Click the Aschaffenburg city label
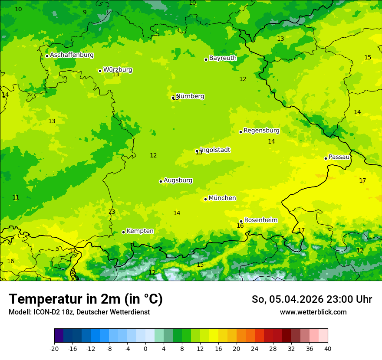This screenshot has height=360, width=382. pos(72,55)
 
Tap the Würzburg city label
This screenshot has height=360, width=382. pos(118,70)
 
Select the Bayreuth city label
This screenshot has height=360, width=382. pos(223,58)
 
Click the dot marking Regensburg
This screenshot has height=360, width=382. pos(240,132)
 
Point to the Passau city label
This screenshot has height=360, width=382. pos(339,157)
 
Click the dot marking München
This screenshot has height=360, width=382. pos(205,199)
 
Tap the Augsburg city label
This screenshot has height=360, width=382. pos(178,180)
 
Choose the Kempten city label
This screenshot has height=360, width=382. pos(140,231)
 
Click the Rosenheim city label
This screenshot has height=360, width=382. pos(260,220)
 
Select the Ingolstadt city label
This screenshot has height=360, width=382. pos(215,150)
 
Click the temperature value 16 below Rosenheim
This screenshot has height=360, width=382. pos(240,226)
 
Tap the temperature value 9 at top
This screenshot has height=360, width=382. pos(85,12)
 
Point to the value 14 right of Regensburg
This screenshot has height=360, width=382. pos(271,141)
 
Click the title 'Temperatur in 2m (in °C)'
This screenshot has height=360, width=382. pos(86,299)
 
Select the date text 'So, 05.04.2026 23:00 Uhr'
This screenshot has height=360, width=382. pos(312,299)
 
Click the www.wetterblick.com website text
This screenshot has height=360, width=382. pos(313,312)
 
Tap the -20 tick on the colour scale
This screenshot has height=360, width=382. pos(54,349)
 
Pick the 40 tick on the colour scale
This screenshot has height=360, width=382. pos(328,349)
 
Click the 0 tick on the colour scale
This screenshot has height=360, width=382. pos(145,349)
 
